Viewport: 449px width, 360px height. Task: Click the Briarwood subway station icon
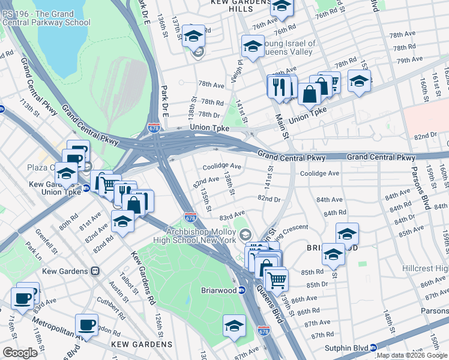[x=241, y=290]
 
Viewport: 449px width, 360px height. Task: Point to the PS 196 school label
[x=46, y=18]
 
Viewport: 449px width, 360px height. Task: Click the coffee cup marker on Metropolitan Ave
[x=86, y=325]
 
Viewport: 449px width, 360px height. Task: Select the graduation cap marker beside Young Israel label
[x=253, y=46]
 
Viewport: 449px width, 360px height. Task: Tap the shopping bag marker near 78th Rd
[x=310, y=94]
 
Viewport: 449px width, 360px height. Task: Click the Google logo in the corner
[x=20, y=353]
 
